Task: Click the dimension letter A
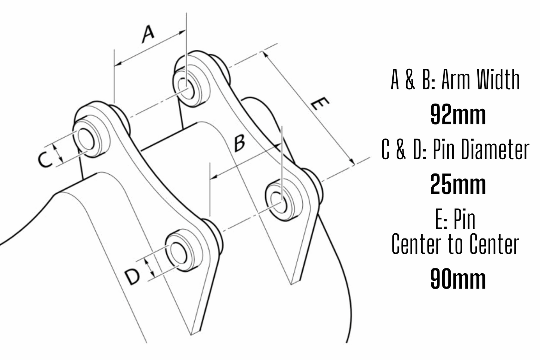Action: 148,34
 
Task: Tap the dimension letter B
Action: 240,143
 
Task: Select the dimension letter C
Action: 45,160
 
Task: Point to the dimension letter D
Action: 132,277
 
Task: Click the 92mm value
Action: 458,115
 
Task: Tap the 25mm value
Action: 458,184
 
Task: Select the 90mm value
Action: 458,279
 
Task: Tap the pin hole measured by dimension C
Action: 86,139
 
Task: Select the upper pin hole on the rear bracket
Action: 186,88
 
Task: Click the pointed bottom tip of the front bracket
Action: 191,333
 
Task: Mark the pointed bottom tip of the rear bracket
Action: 291,283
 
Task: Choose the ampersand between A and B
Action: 410,80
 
